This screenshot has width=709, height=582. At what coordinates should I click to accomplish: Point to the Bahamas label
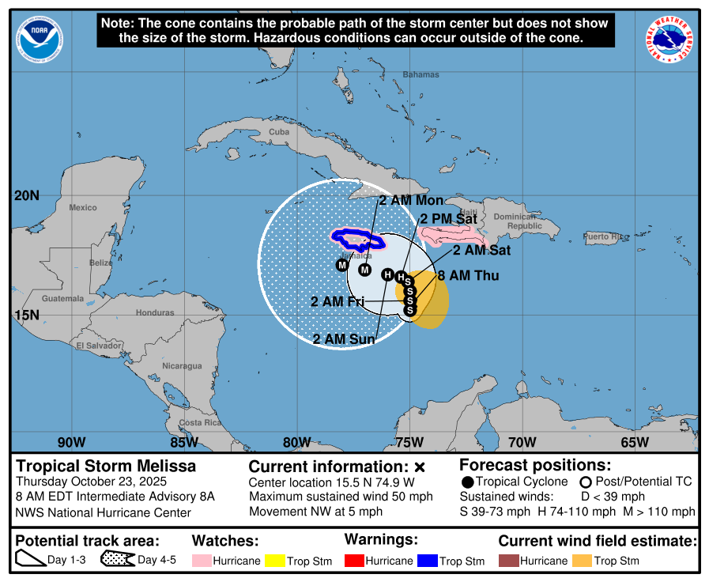point(420,74)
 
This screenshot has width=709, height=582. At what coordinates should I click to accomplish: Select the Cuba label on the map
point(279,132)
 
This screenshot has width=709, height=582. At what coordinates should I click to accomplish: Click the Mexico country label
point(82,207)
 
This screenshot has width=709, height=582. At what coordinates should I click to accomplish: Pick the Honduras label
point(154,312)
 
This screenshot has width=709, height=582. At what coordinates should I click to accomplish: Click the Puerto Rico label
point(605,236)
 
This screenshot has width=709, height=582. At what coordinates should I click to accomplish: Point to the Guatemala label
point(62,298)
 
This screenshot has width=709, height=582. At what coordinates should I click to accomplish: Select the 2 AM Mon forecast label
point(410,200)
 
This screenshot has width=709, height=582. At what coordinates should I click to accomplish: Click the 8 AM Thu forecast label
point(469,276)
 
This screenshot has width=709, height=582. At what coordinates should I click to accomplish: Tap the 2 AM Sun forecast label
point(345,339)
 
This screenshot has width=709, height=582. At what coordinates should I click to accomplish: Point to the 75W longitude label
point(409,442)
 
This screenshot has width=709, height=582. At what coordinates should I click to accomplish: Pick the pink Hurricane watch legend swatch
point(202,561)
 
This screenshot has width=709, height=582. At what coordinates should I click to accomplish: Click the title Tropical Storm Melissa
point(106,466)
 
